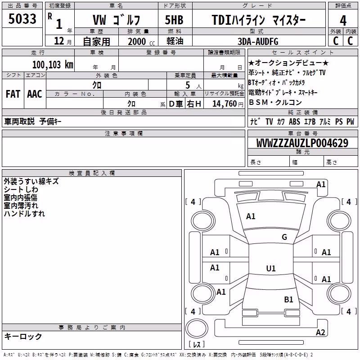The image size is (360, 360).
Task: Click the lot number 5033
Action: click(22, 19)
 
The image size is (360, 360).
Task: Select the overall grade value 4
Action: click(343, 20)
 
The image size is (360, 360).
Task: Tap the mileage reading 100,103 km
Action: click(53, 65)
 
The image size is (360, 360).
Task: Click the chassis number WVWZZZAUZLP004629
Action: click(302, 143)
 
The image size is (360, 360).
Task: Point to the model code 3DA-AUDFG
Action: click(258, 41)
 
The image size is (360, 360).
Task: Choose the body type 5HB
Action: click(174, 20)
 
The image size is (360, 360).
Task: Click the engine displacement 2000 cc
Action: click(141, 41)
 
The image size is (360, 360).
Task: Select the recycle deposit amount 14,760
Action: click(224, 104)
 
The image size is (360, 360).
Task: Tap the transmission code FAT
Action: click(13, 94)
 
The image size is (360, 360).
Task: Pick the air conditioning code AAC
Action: click(35, 94)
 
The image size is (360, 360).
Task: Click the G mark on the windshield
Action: click(284, 237)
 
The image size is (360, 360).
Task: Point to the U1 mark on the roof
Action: click(271, 268)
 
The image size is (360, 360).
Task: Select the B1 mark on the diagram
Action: click(288, 299)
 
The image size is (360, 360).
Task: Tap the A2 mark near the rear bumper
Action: click(320, 332)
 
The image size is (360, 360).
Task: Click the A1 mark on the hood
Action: click(251, 216)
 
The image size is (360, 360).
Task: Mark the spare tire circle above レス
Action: click(197, 328)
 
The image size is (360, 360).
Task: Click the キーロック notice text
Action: click(23, 336)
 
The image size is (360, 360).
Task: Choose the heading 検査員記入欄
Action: click(92, 173)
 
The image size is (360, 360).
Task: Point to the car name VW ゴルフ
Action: click(116, 20)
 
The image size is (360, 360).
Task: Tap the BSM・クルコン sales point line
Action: click(275, 102)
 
